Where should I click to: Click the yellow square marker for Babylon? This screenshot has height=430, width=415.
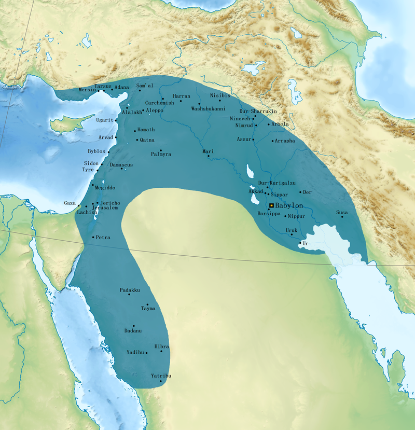271,205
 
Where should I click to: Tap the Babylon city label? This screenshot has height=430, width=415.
289,206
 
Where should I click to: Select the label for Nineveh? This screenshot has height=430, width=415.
240,119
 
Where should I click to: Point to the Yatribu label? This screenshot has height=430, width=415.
161,376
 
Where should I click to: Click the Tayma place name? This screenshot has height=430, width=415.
148,309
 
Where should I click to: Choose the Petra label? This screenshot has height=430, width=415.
103,238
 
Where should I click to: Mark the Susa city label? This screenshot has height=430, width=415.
342,213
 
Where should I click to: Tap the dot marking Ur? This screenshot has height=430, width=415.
300,243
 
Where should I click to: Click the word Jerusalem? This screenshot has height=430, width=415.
104,207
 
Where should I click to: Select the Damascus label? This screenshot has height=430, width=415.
121,165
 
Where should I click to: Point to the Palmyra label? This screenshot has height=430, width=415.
161,155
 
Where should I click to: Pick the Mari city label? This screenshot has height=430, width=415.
208,151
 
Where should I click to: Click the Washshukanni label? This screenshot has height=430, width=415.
209,109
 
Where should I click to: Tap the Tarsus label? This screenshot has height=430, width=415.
103,86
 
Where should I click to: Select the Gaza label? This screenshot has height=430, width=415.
70,203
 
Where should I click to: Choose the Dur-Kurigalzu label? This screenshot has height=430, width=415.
277,183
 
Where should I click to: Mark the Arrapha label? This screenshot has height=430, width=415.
285,141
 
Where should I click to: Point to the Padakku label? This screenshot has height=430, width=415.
130,290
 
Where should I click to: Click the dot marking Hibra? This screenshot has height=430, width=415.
161,352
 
